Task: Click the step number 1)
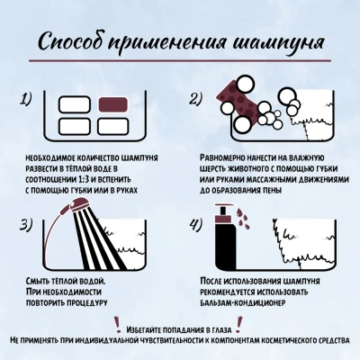26,99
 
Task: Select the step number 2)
196,99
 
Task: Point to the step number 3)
26,225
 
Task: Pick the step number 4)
196,225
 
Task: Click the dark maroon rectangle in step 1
113,104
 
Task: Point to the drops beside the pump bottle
242,218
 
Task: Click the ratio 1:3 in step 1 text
80,179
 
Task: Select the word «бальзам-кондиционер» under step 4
242,302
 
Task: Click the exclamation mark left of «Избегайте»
117,324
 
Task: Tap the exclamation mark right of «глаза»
239,324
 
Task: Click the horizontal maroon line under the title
180,61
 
